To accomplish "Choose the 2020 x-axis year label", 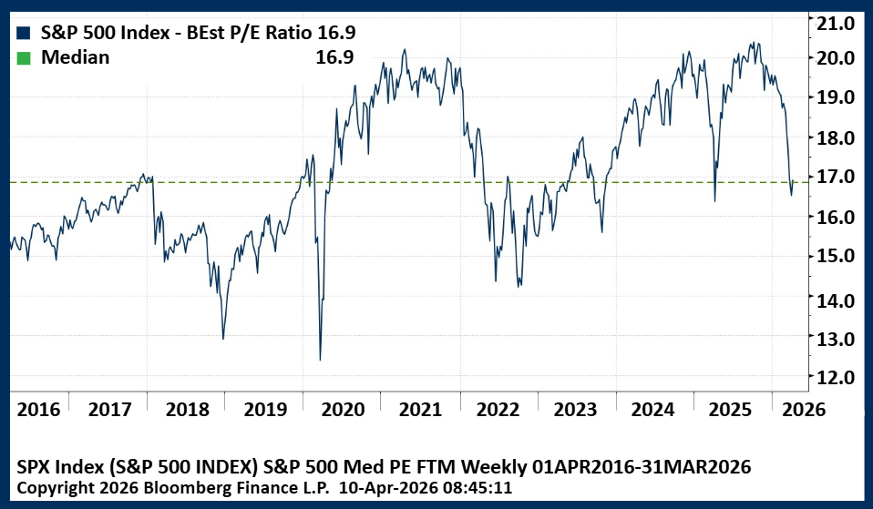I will coord(344,409).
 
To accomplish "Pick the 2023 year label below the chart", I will coord(577,409).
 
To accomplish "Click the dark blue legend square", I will coord(24,33).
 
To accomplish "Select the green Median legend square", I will coord(24,58).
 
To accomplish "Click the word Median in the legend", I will coord(76,58).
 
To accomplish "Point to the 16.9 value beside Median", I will coord(335,58).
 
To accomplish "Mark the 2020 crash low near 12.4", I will coord(320,359).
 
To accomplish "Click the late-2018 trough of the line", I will coord(223,339).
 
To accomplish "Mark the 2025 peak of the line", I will coord(753,43).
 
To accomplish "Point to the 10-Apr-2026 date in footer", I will coord(384,487).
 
